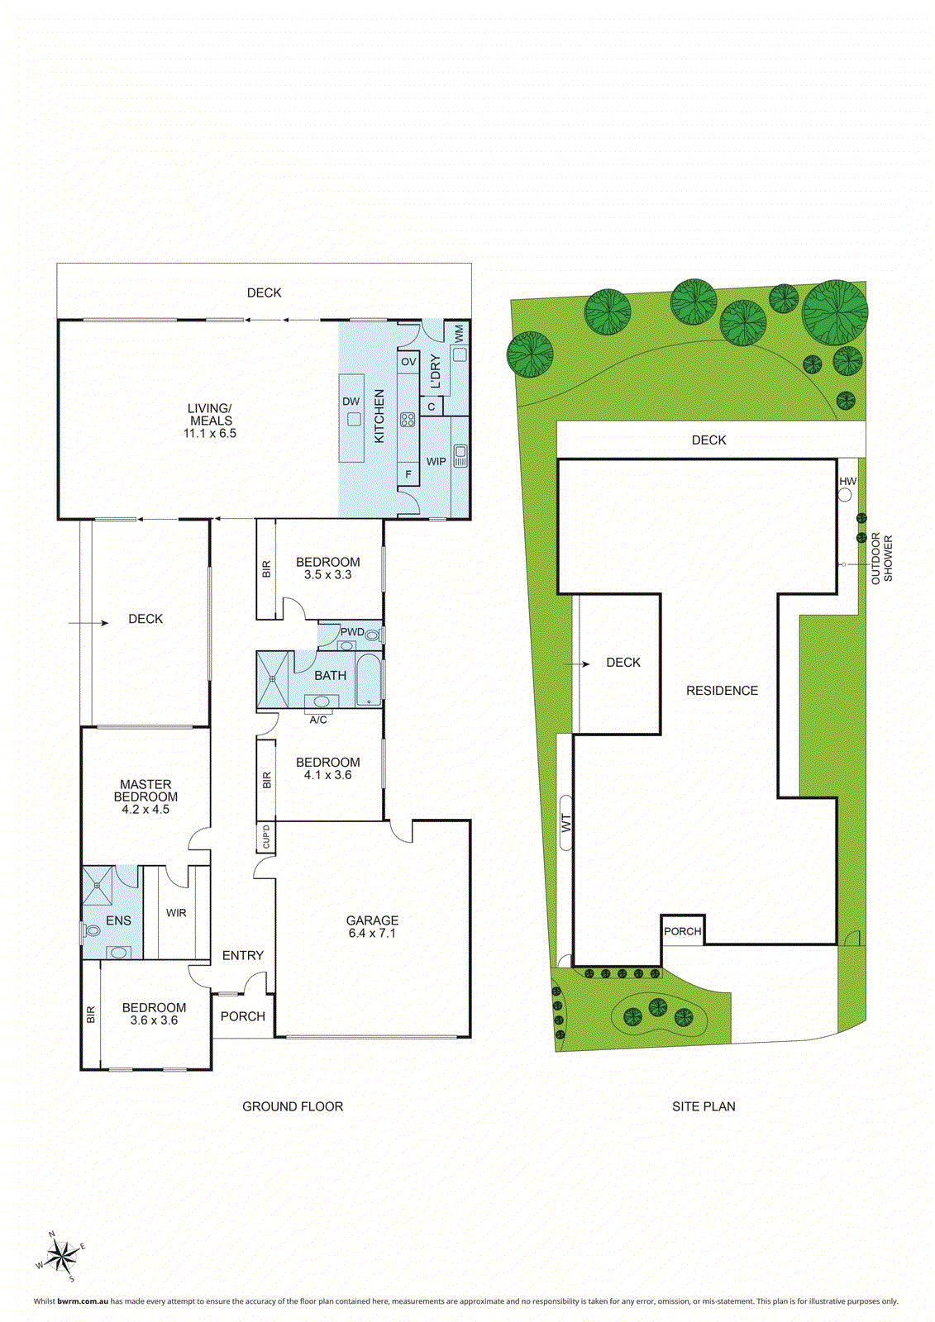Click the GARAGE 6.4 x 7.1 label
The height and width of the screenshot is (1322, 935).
click(372, 926)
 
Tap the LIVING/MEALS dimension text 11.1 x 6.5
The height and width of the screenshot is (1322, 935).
click(209, 433)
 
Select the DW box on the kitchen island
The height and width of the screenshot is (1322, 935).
click(353, 418)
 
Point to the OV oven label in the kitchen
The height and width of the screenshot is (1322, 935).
click(408, 362)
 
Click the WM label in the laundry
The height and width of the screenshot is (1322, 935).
click(459, 333)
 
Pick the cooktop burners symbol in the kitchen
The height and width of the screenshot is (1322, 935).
click(408, 419)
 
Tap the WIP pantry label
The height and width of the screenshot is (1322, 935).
click(436, 461)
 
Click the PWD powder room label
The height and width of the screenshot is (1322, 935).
click(352, 631)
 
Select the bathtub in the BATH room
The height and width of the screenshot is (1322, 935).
click(369, 680)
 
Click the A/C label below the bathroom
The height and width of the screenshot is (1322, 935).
click(318, 720)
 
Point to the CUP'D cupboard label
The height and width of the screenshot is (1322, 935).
click(266, 837)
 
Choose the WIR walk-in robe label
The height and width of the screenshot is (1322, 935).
click(176, 913)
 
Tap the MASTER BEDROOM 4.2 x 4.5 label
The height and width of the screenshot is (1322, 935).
click(145, 797)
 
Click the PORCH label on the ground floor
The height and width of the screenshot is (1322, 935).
click(243, 1016)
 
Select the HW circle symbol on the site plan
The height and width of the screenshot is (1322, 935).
click(845, 495)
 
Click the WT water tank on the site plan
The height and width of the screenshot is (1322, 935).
click(566, 823)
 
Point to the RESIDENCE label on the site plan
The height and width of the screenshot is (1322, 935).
click(722, 691)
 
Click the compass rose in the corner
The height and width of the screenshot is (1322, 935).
click(60, 1256)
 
